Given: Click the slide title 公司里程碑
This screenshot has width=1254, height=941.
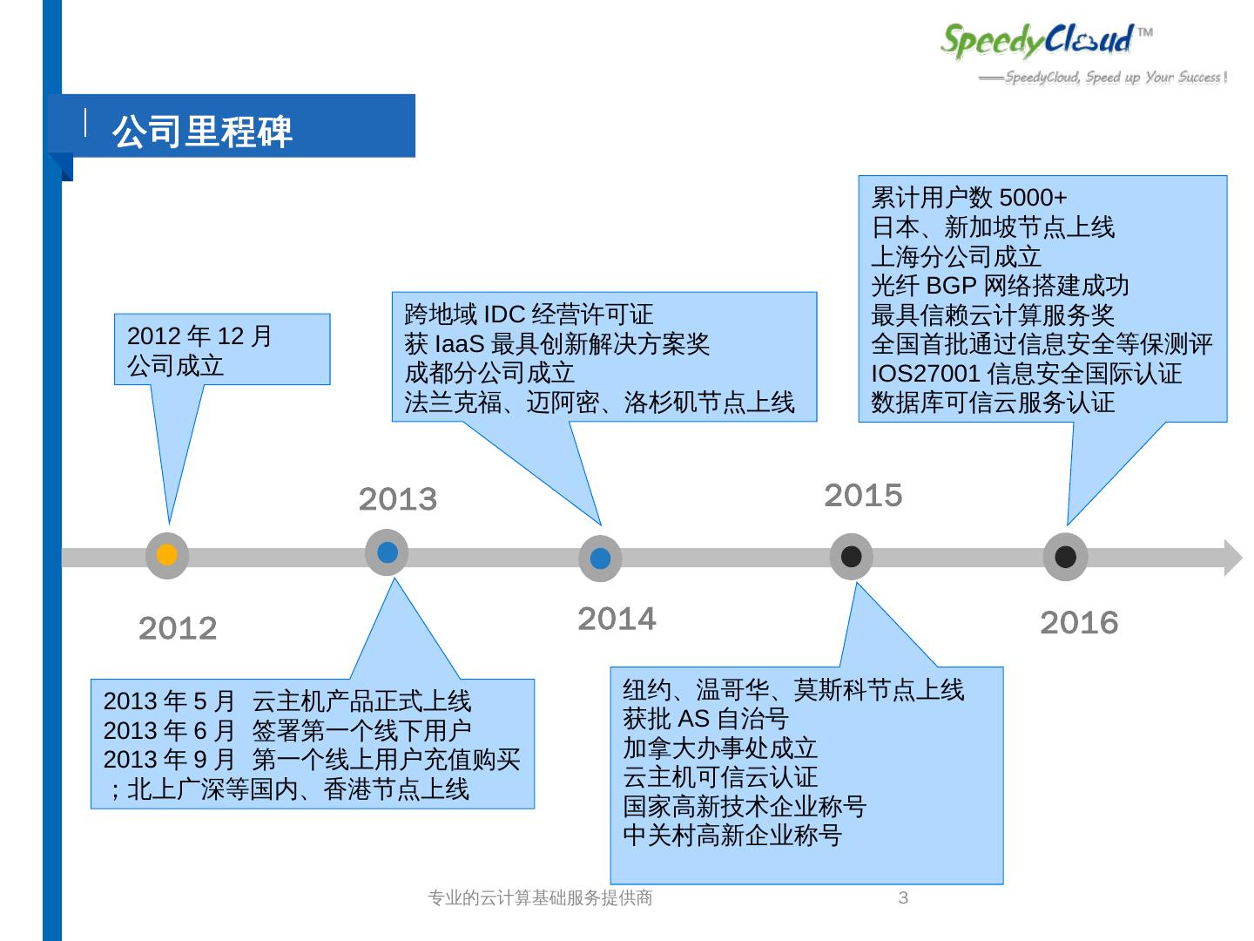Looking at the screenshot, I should [202, 131].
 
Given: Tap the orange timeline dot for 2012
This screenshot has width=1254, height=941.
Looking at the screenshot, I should [166, 555].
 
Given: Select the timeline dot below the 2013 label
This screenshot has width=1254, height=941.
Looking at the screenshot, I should [388, 552].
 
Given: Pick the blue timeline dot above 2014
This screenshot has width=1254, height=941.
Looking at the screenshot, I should [600, 559].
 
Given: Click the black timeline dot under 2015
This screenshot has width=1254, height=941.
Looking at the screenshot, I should [851, 557].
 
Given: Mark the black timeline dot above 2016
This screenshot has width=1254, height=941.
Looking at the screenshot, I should [1065, 557].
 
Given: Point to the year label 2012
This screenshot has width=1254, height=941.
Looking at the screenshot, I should [178, 628].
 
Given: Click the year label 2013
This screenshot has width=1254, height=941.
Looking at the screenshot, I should [398, 499].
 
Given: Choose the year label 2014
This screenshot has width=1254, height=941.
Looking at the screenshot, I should [617, 619].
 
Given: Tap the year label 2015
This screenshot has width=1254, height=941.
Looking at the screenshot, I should [863, 495].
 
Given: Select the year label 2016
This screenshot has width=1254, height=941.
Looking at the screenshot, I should [1079, 622].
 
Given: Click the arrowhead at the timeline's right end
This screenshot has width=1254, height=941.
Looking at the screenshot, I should [1232, 558].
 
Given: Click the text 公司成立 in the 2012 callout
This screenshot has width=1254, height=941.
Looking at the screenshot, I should [176, 366].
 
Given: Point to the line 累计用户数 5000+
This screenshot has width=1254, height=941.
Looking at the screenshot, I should [969, 198].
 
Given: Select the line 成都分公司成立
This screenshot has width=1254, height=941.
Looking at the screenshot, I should [489, 373].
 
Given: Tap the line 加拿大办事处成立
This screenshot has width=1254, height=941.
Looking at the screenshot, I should [720, 748].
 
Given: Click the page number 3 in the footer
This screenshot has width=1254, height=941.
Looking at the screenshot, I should [903, 897].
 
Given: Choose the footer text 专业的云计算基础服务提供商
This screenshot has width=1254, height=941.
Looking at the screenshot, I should [541, 897].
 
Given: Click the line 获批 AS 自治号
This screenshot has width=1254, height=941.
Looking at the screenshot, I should [705, 719].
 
